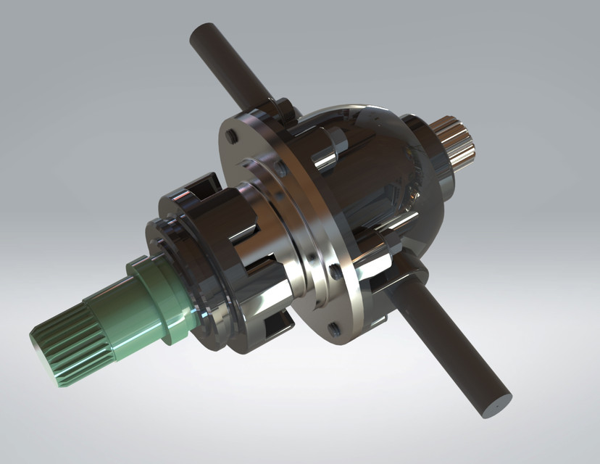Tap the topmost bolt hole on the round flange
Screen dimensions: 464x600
[x=231, y=136]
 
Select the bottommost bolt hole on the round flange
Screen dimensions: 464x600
[x=334, y=328]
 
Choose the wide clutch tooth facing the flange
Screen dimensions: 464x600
[x=246, y=232]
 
